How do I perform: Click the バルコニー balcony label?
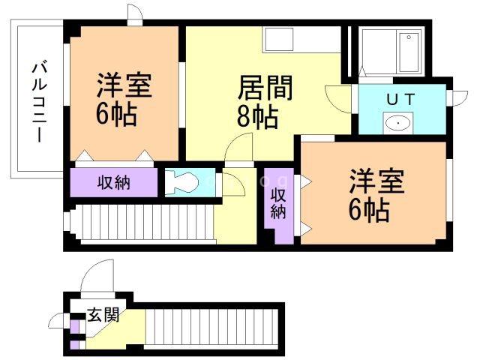pos(40,103)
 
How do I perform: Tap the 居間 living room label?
pos(265,88)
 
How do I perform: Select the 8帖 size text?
pos(257,116)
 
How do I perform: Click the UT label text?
pos(400,100)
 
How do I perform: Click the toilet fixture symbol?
pos(181,181)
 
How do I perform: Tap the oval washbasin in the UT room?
pos(397,123)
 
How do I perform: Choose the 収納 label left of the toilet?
pos(114,183)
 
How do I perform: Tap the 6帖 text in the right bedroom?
pos(369,211)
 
